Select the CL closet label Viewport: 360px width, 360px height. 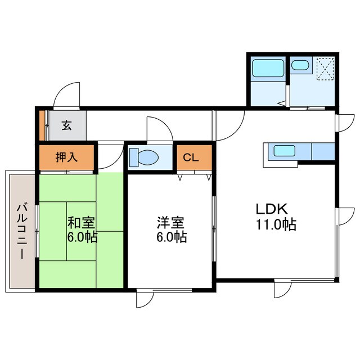191,157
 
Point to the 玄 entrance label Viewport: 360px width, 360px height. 66,125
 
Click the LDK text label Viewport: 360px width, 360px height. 272,209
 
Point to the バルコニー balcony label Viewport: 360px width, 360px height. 20,231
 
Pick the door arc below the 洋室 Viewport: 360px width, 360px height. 145,300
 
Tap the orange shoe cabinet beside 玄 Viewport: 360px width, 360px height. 42,125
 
